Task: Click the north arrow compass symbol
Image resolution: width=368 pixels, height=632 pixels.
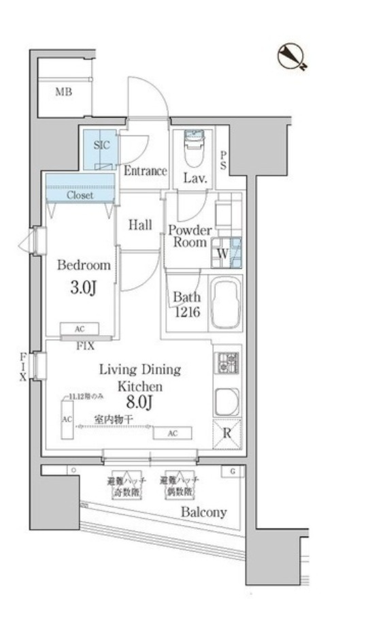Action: [292, 57]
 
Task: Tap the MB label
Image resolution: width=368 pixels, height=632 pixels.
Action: [64, 92]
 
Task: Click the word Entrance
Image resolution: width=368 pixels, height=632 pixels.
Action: [145, 171]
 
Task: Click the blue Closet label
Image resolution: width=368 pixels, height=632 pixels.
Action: [80, 195]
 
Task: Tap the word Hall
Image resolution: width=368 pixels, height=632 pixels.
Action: [141, 225]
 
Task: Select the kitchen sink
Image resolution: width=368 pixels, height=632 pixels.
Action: [226, 402]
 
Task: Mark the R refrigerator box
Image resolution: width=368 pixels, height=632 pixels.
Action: [227, 434]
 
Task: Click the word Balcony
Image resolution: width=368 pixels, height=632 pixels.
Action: [204, 512]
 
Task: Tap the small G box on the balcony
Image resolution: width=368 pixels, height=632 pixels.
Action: [232, 471]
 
